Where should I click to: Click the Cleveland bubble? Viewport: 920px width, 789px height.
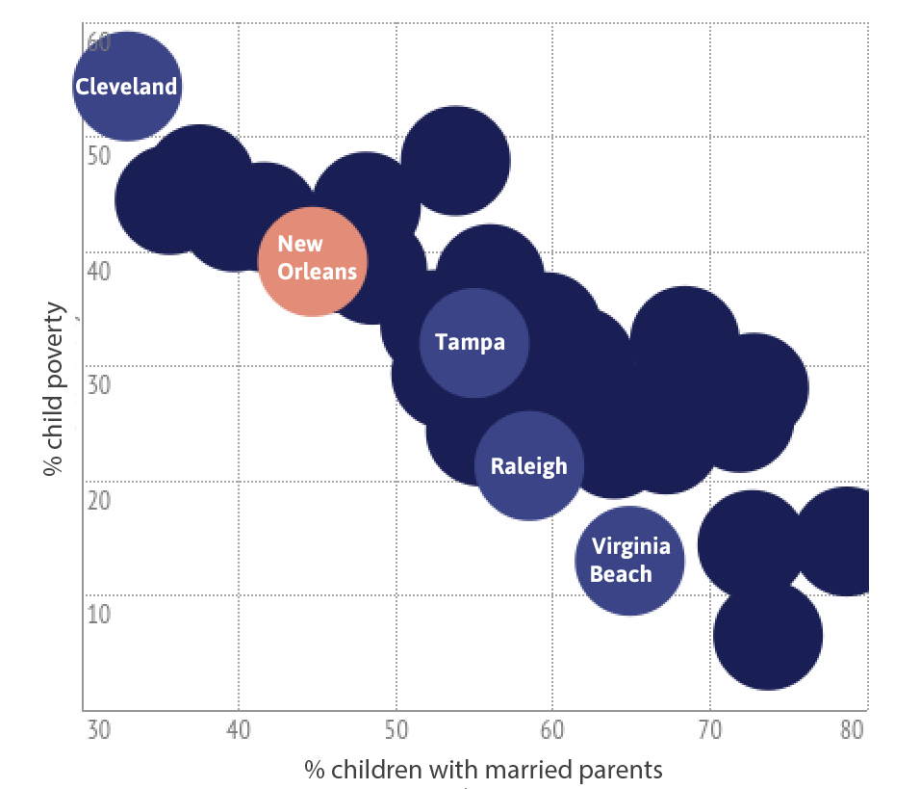[x=126, y=87]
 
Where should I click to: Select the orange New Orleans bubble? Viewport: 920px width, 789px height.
[x=313, y=261]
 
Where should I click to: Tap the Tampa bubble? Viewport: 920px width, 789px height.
[x=473, y=342]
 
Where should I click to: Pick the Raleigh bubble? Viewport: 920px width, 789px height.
[x=529, y=466]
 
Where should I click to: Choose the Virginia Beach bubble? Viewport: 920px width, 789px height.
[x=629, y=561]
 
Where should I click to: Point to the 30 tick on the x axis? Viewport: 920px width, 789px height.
[x=97, y=730]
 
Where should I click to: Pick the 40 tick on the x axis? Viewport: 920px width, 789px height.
[x=238, y=730]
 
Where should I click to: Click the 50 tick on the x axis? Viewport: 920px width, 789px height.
[x=396, y=730]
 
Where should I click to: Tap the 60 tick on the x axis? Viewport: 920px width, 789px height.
[x=552, y=730]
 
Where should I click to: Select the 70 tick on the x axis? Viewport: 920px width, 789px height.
[x=709, y=730]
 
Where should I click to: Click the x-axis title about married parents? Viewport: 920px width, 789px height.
[x=484, y=769]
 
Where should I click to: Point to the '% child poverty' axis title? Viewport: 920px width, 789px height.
[x=55, y=389]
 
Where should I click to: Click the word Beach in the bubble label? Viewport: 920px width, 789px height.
[x=621, y=574]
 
